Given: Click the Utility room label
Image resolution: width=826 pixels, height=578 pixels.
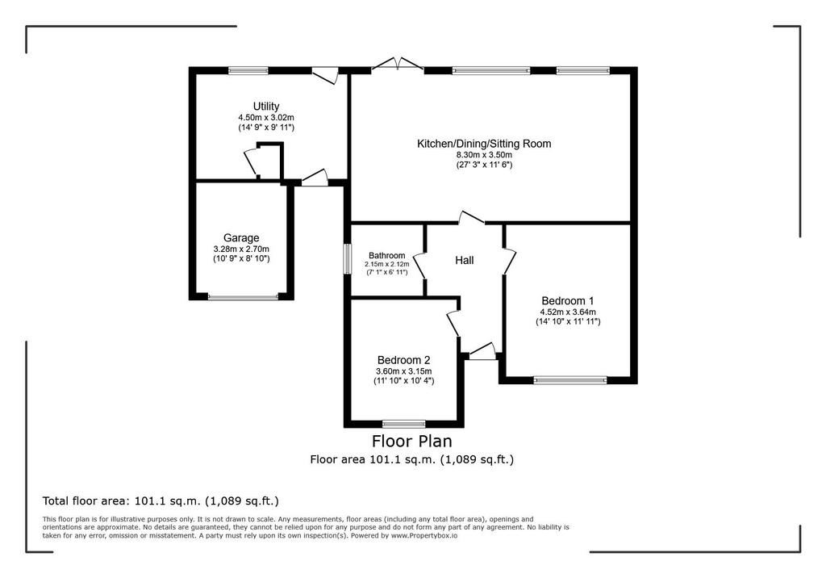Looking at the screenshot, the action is click(x=266, y=107).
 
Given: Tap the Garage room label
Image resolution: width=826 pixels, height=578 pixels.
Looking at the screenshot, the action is click(x=241, y=238).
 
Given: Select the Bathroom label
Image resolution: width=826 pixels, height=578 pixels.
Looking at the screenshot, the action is click(x=386, y=255).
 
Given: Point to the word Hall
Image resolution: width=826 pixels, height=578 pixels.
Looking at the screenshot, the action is click(x=464, y=260).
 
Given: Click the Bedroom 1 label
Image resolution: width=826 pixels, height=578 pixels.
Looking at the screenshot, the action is click(x=568, y=300).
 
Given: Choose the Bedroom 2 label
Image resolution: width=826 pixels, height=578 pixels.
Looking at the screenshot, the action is click(x=403, y=360).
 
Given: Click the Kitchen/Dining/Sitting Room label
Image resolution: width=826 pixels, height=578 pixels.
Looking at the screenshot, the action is click(x=484, y=144).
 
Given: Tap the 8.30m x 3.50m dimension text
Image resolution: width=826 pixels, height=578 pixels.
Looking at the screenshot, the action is click(x=484, y=155).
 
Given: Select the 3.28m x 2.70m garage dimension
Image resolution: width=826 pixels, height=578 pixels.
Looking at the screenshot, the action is click(x=241, y=249).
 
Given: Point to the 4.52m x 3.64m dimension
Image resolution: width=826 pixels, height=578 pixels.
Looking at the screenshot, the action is click(x=568, y=312).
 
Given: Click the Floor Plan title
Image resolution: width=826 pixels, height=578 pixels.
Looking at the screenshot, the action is click(x=412, y=440).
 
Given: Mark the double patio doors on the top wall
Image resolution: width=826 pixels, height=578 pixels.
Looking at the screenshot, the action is click(x=398, y=65).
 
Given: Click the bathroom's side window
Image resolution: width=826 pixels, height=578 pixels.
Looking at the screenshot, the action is click(x=347, y=258).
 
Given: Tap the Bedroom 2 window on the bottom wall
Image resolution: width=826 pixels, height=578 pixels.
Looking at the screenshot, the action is click(x=404, y=424).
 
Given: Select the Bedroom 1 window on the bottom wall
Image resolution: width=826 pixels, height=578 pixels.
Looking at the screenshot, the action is click(x=570, y=380).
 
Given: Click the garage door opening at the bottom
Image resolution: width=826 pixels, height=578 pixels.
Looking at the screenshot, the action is click(x=243, y=297).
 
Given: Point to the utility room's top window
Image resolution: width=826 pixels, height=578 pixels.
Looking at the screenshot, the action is click(x=248, y=71).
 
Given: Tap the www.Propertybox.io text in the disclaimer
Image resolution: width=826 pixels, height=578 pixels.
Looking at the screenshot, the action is click(x=424, y=535).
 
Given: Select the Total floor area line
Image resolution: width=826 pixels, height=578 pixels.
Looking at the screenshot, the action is click(x=161, y=501).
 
